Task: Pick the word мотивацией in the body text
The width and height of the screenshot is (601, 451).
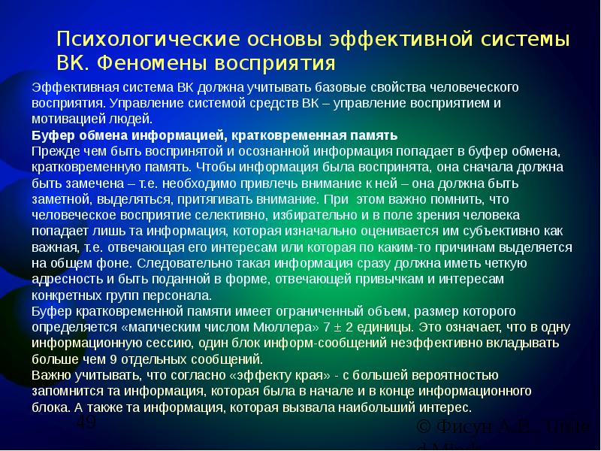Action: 64,119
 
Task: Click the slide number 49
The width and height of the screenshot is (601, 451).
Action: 86,425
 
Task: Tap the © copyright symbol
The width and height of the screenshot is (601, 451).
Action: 424,429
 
